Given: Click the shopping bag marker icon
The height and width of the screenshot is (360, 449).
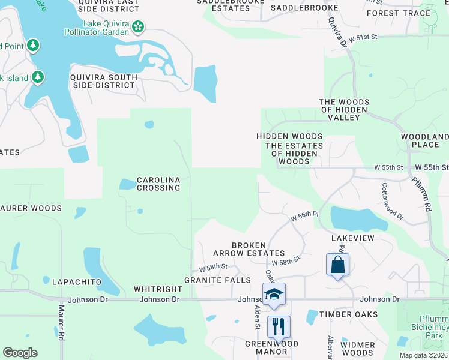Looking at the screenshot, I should [x=337, y=265].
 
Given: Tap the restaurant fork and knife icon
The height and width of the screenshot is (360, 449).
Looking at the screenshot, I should [x=278, y=327].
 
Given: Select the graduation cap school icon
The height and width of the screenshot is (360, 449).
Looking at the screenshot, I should [x=274, y=294].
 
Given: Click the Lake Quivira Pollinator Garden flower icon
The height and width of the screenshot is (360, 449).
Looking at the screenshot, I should [x=139, y=26].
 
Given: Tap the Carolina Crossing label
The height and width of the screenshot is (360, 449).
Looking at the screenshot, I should [x=158, y=184].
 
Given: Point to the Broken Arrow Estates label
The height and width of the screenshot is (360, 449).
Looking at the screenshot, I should [x=258, y=249].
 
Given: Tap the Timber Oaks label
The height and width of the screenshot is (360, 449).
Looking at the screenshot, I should [x=348, y=314].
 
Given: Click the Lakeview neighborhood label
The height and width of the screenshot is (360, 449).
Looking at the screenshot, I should [x=353, y=238].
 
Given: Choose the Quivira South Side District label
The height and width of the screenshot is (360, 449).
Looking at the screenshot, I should [x=103, y=81].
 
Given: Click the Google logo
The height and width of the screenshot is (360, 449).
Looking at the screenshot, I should [x=20, y=353].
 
